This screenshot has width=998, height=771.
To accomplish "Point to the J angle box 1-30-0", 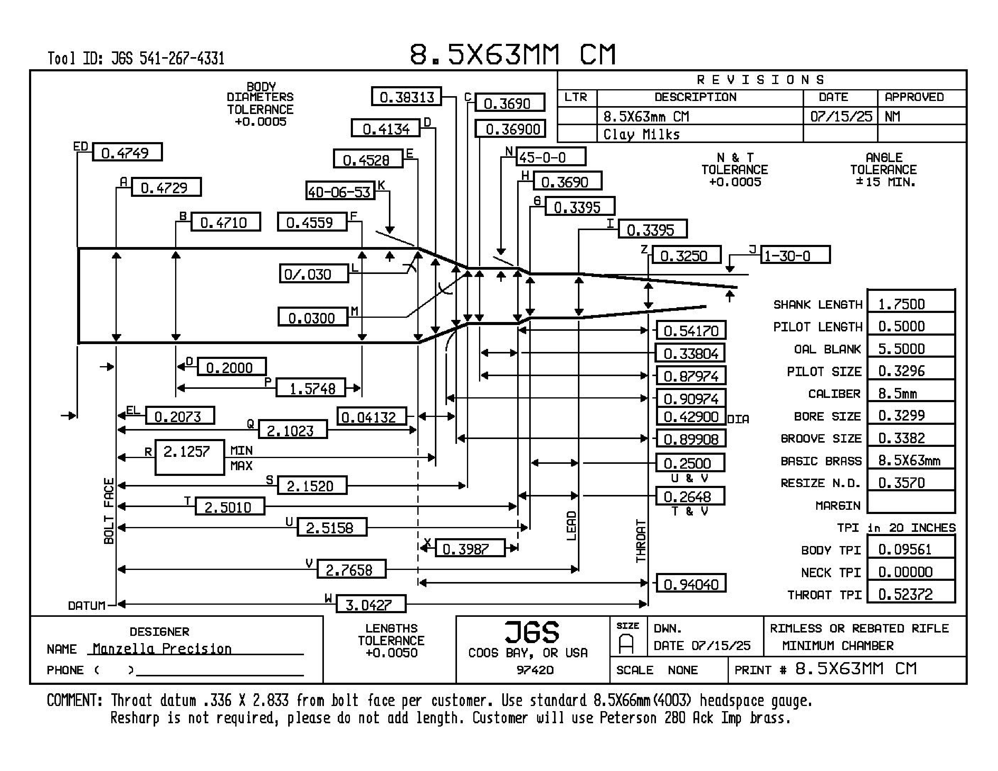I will pyautogui.click(x=795, y=255).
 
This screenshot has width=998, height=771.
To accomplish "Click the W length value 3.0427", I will pyautogui.click(x=370, y=605).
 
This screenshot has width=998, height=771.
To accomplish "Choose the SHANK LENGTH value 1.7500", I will pyautogui.click(x=910, y=304).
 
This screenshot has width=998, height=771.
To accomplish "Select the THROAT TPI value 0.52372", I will pyautogui.click(x=910, y=594).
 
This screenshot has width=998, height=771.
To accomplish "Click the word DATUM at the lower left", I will pyautogui.click(x=86, y=606).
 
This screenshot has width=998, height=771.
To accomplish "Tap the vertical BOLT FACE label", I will pyautogui.click(x=109, y=511).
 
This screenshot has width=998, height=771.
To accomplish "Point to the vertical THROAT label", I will pyautogui.click(x=641, y=541).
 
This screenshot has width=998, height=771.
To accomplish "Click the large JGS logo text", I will pyautogui.click(x=532, y=633).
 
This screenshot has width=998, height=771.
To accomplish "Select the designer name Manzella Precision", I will pyautogui.click(x=162, y=649).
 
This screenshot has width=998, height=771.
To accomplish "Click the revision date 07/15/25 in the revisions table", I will pyautogui.click(x=841, y=116).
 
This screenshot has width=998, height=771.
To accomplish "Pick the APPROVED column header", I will pyautogui.click(x=914, y=97).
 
